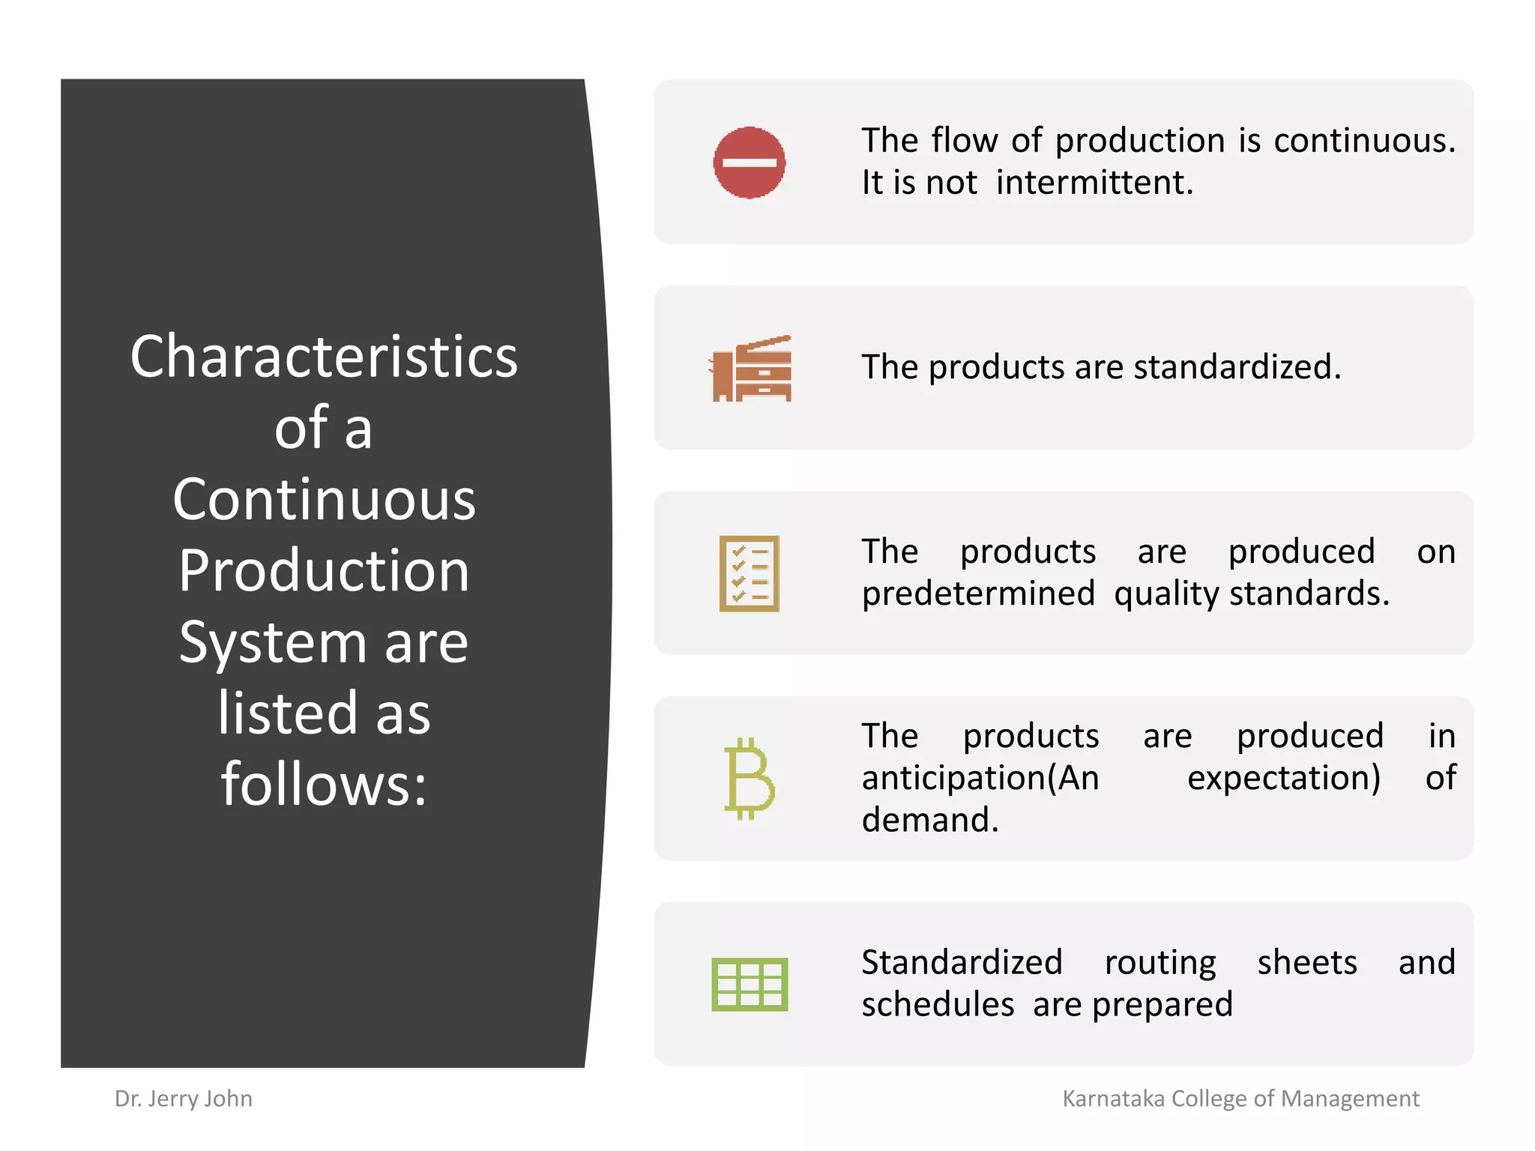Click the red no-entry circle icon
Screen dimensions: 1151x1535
[x=749, y=163]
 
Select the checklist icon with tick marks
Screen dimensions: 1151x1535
[x=749, y=573]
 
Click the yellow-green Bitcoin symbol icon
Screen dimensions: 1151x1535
[x=749, y=779]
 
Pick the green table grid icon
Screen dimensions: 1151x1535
[x=750, y=984]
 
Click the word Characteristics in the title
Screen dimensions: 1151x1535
[x=324, y=357]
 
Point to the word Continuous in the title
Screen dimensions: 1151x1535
[x=324, y=500]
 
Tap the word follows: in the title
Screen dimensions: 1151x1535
[x=324, y=785]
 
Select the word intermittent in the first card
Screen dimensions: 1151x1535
[x=1094, y=183]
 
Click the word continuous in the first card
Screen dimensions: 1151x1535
[x=1364, y=141]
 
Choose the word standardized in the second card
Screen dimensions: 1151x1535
[x=1237, y=367]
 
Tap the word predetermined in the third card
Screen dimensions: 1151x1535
[x=978, y=593]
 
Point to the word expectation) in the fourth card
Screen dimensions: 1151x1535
[x=1284, y=778]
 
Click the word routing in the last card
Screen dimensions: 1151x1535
[x=1160, y=963]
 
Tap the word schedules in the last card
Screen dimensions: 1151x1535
[x=938, y=1005]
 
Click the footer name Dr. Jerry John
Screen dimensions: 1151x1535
[x=184, y=1099]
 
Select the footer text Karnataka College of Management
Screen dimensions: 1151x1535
[x=1240, y=1099]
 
